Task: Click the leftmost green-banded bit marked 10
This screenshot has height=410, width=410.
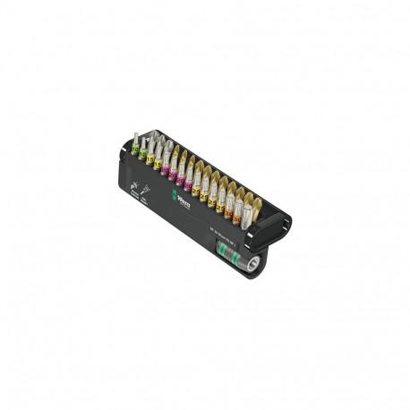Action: click(135, 149)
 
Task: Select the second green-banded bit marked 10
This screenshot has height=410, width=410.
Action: click(143, 153)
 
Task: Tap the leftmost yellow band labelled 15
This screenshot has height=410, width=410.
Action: click(151, 158)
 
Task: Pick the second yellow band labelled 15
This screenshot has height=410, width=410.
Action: click(158, 164)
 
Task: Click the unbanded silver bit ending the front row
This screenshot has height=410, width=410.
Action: click(247, 217)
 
